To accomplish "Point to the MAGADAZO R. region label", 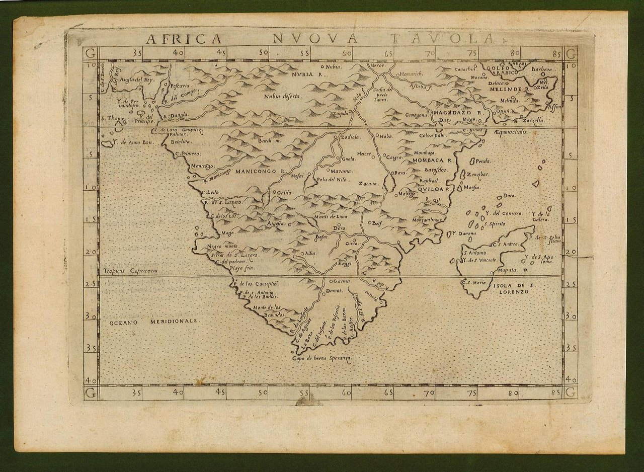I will [457, 113].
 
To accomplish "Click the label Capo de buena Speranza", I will [321, 358].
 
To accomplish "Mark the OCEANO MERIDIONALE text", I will [152, 321].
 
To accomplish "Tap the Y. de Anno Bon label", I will [132, 142].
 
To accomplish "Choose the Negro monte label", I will [224, 247].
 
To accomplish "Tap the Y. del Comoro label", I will [504, 213].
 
